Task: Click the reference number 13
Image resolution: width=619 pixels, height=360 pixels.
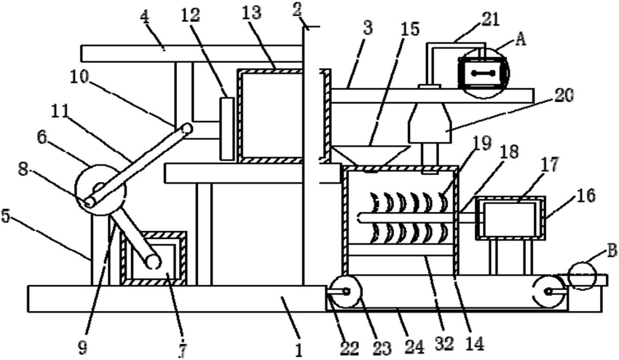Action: [x=252, y=13]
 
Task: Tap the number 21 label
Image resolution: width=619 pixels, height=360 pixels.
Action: [x=490, y=20]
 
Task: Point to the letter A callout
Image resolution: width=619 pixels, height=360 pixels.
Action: [x=521, y=39]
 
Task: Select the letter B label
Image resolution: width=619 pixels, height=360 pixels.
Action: [x=611, y=251]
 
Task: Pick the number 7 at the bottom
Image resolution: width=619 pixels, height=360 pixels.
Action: [x=182, y=349]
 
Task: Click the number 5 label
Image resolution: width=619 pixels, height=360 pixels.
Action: [x=6, y=216]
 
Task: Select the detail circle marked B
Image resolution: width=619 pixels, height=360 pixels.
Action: [x=582, y=275]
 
